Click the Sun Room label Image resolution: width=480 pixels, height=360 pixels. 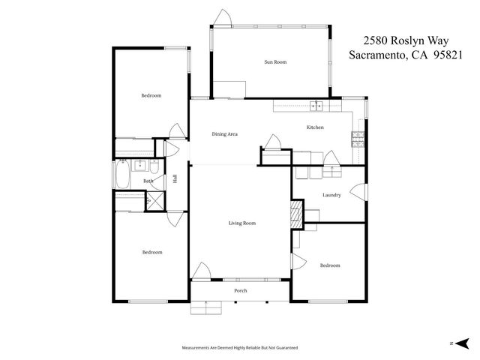[275, 62]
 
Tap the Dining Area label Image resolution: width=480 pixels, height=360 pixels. [224, 134]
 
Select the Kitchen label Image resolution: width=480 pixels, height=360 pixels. [315, 127]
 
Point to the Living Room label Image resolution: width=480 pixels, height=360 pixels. [242, 223]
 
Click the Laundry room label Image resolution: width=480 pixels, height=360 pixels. [331, 196]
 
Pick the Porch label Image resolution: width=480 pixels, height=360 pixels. [241, 290]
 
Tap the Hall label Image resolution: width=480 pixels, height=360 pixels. [175, 178]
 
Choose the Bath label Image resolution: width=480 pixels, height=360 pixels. [148, 181]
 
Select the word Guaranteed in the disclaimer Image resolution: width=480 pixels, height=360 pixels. [285, 348]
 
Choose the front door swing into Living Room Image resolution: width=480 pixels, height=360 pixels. [201, 271]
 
